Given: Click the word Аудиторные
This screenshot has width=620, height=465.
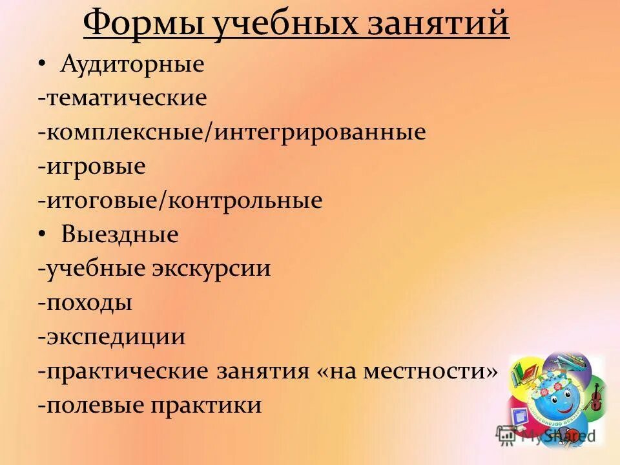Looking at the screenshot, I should pos(132,64).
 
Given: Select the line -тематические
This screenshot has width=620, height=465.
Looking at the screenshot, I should pos(122,98).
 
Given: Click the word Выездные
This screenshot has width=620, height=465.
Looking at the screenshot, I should pos(119,234).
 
